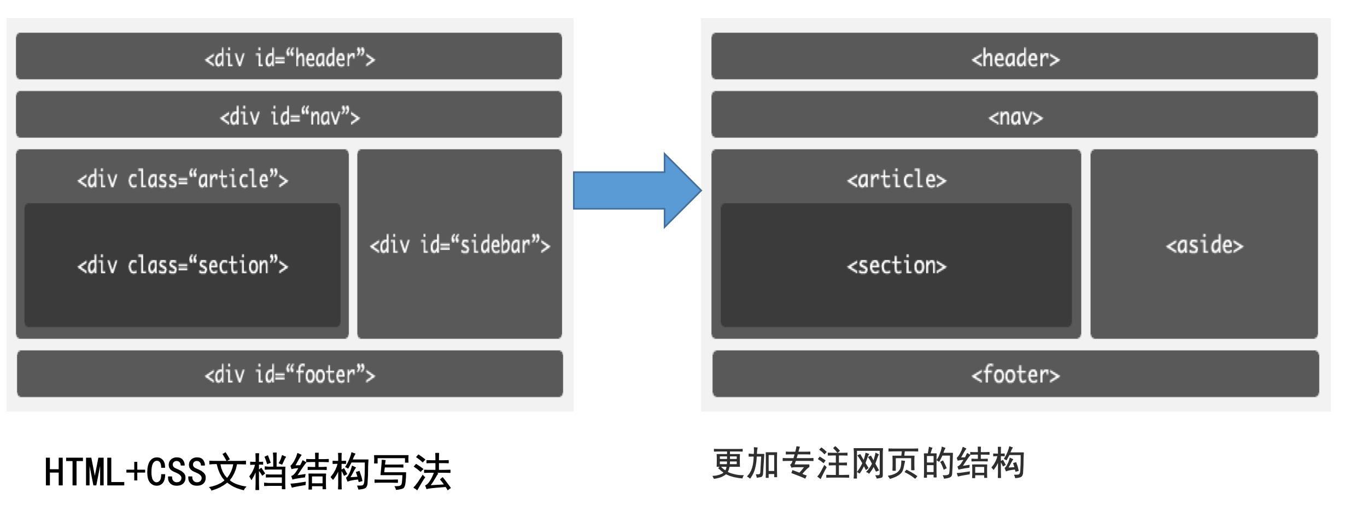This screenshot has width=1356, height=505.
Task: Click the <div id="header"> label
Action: click(290, 58)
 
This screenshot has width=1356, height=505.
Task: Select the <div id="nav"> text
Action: click(290, 116)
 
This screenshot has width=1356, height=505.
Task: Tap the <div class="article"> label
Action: click(183, 179)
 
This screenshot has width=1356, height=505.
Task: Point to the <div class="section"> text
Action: click(183, 266)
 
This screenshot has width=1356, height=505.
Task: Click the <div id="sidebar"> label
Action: click(460, 245)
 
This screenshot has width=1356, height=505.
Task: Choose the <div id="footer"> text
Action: click(290, 375)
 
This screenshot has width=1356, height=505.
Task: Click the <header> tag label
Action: click(1015, 58)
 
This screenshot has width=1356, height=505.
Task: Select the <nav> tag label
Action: click(1015, 117)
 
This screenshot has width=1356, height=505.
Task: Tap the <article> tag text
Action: click(897, 179)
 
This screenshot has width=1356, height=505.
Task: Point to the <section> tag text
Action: click(897, 266)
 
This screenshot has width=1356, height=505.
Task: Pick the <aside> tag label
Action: click(1205, 245)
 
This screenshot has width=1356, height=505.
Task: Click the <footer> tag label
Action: click(1015, 375)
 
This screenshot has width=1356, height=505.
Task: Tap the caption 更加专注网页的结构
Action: click(868, 463)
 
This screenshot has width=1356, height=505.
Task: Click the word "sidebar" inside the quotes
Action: click(495, 245)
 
